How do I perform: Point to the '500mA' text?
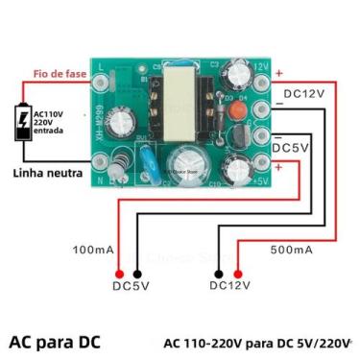pos(291,250)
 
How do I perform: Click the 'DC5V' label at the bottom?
pos(132,285)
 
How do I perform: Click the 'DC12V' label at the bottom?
pos(230,285)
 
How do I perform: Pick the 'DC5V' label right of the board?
pos(291,148)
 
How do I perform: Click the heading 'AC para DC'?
pos(55,341)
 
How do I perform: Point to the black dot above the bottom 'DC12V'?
pos(219,271)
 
